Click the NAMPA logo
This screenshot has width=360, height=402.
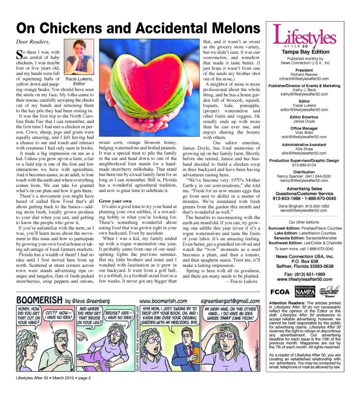tap(305, 292)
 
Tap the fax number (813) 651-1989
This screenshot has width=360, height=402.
tap(305, 274)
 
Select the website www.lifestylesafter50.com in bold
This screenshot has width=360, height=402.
tap(305, 280)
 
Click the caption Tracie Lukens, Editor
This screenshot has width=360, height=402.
tap(79, 81)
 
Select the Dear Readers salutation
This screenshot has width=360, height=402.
tap(33, 42)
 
